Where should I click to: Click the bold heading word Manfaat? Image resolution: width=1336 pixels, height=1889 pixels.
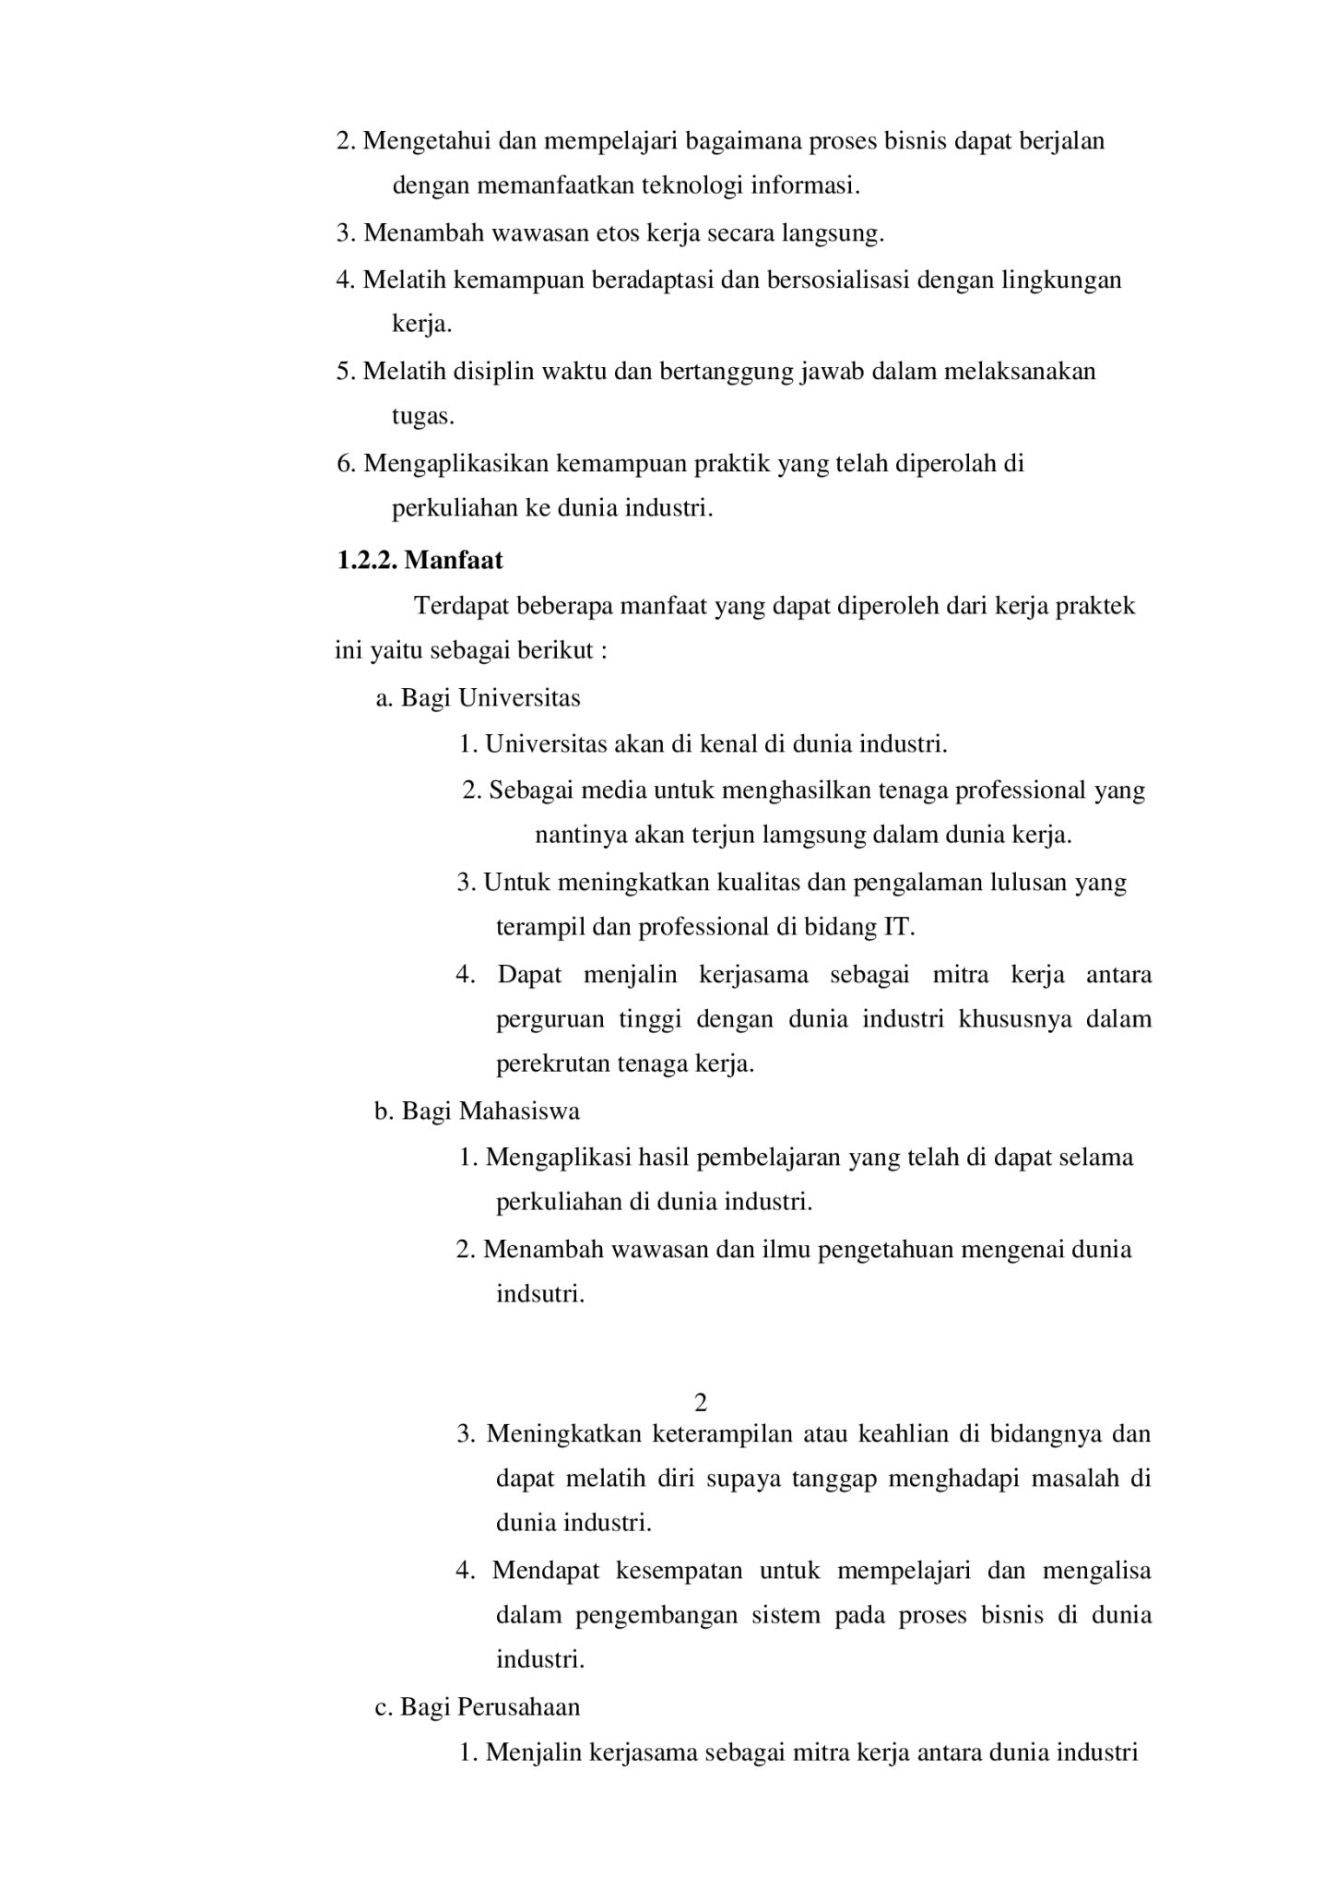(454, 560)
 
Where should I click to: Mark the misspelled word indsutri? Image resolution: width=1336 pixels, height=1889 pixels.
(540, 1293)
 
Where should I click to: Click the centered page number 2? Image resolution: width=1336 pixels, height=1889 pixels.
(700, 1403)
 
